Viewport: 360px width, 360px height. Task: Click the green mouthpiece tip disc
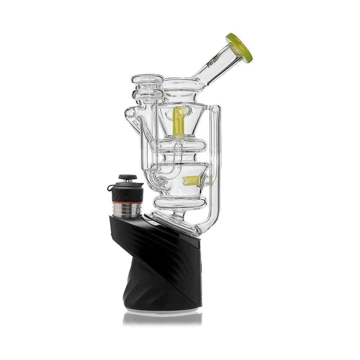pyautogui.click(x=239, y=48)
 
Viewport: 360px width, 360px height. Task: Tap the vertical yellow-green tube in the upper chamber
pyautogui.click(x=178, y=122)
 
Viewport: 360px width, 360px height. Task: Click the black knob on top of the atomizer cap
pyautogui.click(x=128, y=177)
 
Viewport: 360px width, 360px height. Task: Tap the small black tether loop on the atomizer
pyautogui.click(x=111, y=188)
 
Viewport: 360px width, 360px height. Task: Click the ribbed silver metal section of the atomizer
pyautogui.click(x=128, y=210)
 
